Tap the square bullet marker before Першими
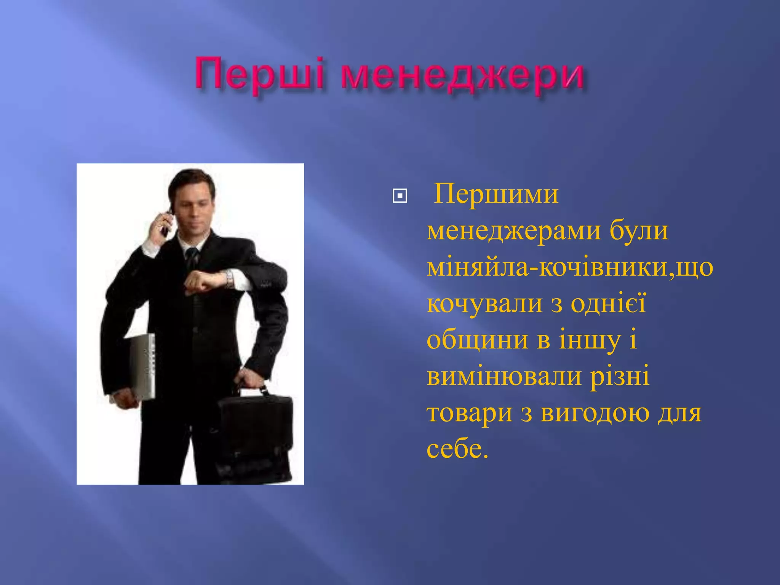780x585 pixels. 400,196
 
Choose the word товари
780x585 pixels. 469,413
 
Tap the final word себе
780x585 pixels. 457,449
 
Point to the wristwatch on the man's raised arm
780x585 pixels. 229,279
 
